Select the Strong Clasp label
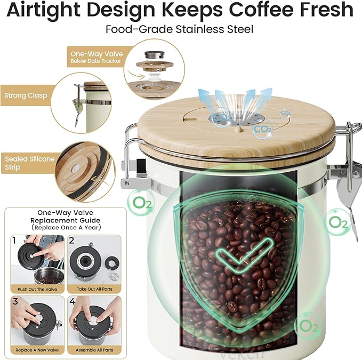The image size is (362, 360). coord(26,95)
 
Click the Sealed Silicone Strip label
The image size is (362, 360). coord(30,163)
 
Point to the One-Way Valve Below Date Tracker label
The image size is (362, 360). coord(96,57)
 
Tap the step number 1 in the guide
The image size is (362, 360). coord(14,241)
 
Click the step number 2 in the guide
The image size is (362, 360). coord(72,241)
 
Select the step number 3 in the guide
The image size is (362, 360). coord(15,301)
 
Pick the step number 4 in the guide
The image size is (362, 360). coord(73,301)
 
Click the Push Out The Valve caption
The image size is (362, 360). coord(37,290)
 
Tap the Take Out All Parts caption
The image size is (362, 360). coord(94,289)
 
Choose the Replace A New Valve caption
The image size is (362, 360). coord(37,350)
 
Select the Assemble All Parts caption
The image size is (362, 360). coord(94,350)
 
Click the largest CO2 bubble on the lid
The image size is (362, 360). coord(263,129)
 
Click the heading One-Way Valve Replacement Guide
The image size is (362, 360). coord(66,217)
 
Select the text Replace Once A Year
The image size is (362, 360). coord(66,228)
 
